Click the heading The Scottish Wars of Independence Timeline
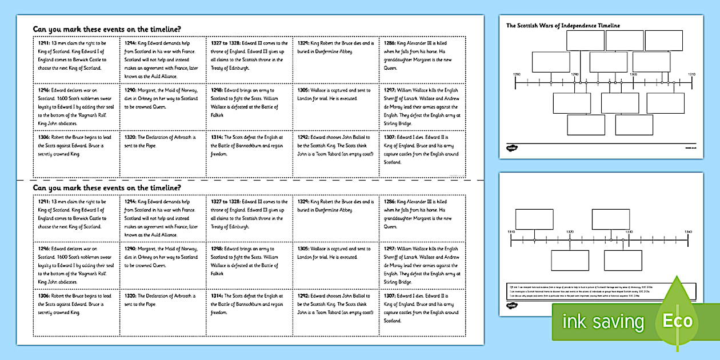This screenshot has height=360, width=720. [x=563, y=26]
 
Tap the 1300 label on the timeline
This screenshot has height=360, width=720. [x=633, y=74]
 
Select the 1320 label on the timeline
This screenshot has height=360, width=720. [x=570, y=231]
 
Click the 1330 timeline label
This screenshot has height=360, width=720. [x=629, y=231]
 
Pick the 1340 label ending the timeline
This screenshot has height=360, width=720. [x=687, y=231]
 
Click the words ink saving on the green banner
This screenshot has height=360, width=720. [x=603, y=322]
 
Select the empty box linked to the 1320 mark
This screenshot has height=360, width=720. [x=570, y=260]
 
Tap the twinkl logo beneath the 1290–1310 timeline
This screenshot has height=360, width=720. [x=512, y=148]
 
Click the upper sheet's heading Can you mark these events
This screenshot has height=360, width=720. [x=108, y=29]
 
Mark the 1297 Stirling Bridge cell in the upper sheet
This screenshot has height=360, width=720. [x=422, y=106]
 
